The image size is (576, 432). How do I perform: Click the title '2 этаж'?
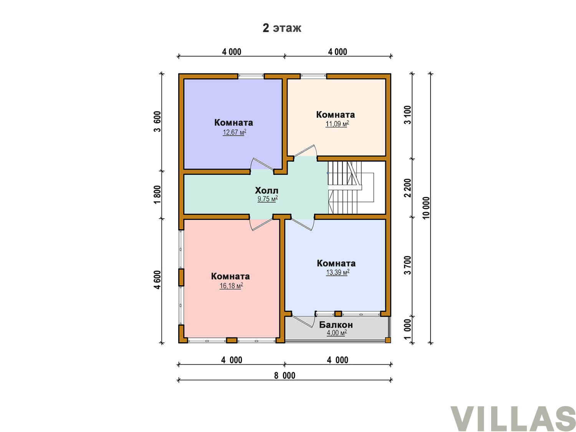(281, 28)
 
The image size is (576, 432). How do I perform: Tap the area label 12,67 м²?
(234, 132)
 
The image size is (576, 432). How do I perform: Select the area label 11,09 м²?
(337, 124)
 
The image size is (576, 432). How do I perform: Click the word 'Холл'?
(266, 190)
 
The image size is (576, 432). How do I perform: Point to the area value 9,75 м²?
(267, 199)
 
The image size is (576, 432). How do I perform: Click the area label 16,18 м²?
(231, 285)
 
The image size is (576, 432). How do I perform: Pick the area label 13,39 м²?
(338, 272)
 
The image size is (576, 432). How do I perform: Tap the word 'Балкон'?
(336, 325)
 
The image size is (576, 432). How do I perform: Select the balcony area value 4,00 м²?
(336, 333)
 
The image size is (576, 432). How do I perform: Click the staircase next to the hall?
(351, 187)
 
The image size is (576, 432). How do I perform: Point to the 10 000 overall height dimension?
(426, 208)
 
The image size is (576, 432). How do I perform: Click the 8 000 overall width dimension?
(285, 376)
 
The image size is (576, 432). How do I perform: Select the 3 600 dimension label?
(157, 121)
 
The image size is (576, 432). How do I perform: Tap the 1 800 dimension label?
(157, 195)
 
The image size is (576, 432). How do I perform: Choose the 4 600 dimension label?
(157, 280)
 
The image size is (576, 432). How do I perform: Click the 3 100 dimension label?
(407, 115)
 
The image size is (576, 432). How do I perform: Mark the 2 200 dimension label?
(407, 188)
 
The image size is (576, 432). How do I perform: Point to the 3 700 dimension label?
(407, 265)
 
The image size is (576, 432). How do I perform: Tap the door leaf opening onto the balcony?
(302, 321)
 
